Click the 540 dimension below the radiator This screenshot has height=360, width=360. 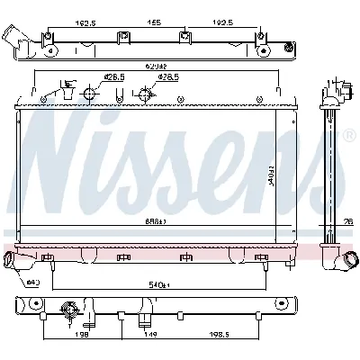(159, 285)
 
